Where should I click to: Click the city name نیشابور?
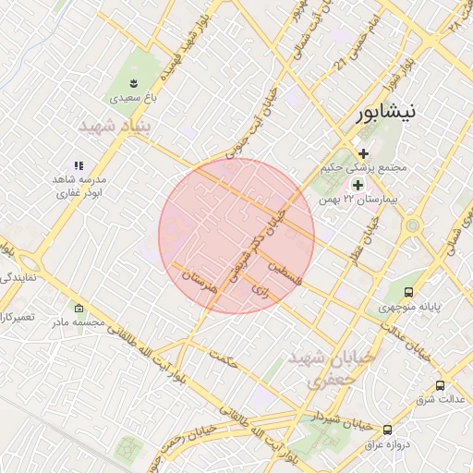click(x=385, y=112)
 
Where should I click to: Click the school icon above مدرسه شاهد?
click(x=78, y=164)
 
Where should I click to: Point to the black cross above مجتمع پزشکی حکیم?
click(x=363, y=153)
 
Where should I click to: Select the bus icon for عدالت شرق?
click(x=440, y=386)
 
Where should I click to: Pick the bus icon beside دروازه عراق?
click(x=386, y=430)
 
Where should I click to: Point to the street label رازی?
click(x=261, y=290)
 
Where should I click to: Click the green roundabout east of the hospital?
click(x=412, y=225)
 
